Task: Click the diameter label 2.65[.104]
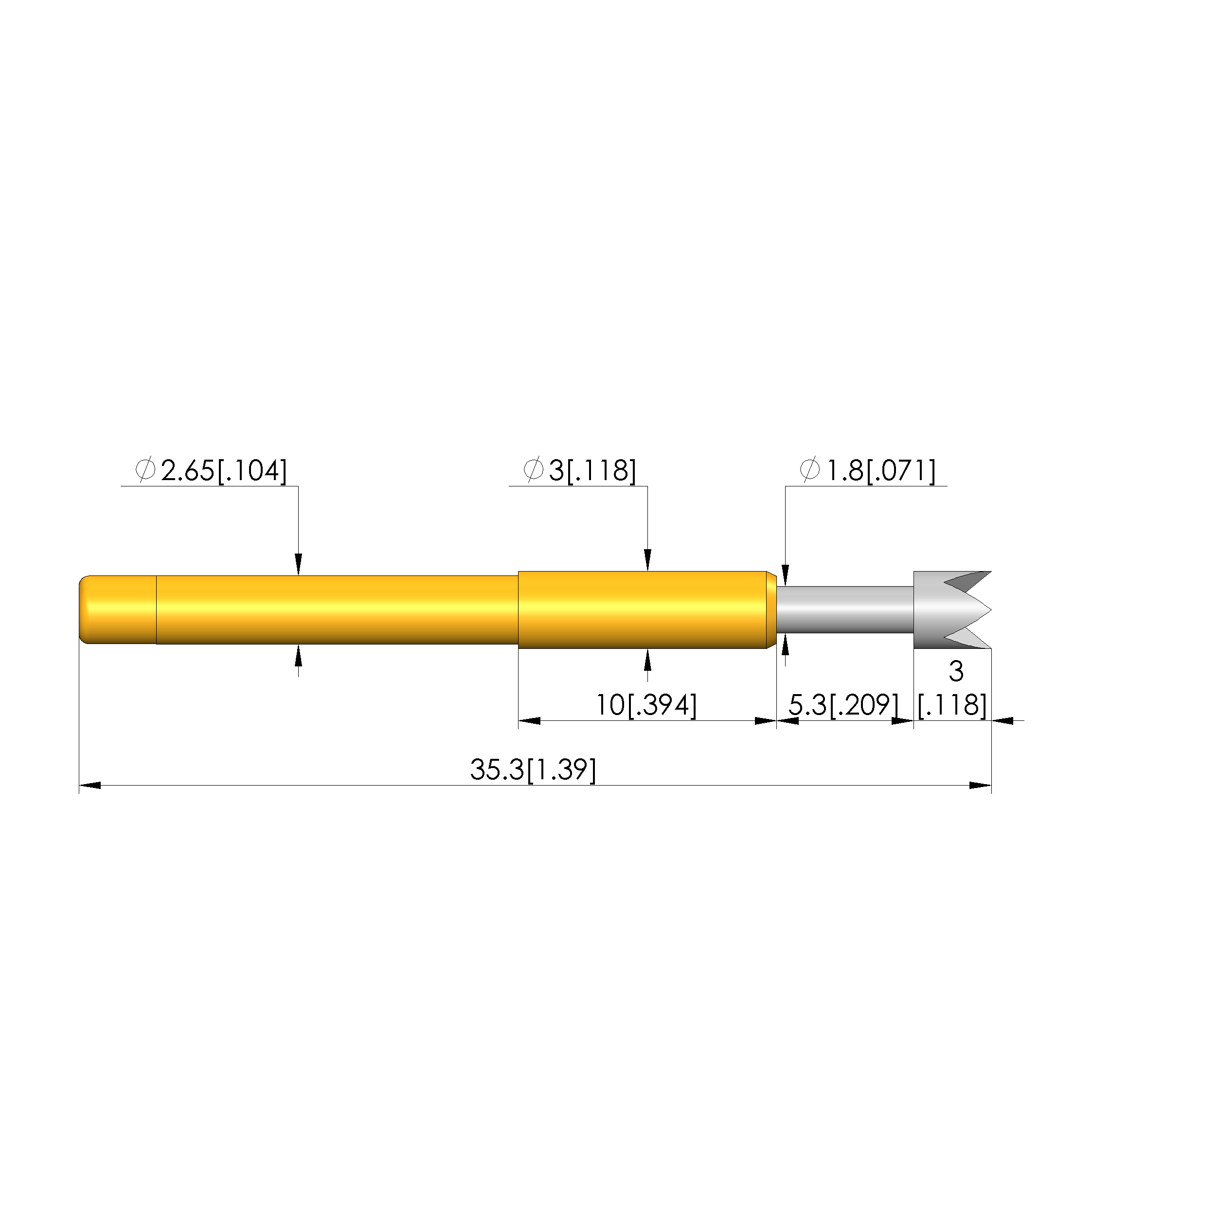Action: pos(224,471)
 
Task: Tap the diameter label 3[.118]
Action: pos(592,471)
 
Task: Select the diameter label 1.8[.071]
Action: pos(881,471)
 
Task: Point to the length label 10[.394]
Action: pos(646,705)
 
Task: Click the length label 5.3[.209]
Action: pos(843,705)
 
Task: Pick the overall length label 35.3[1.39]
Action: pos(533,770)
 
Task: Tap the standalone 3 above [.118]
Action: pos(956,671)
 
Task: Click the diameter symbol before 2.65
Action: pos(145,470)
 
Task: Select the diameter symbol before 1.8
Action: pos(810,470)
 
